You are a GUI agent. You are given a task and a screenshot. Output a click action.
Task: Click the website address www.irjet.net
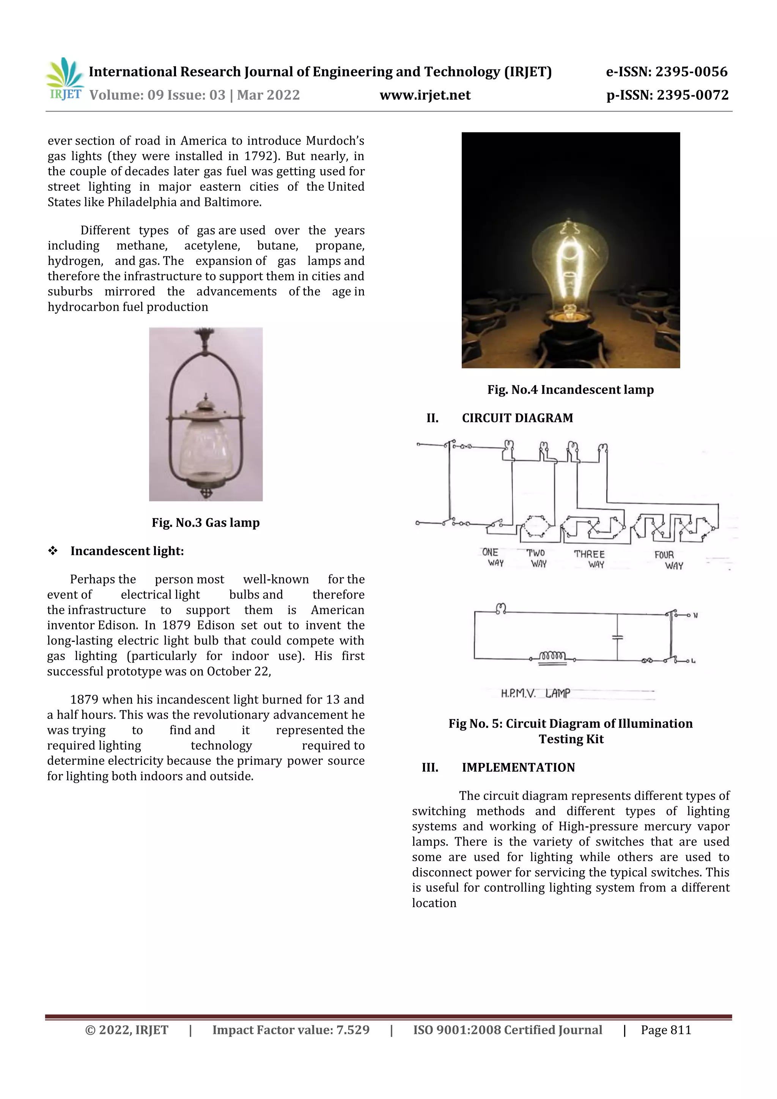coord(425,95)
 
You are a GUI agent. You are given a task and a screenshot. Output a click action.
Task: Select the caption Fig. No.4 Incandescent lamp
coord(570,390)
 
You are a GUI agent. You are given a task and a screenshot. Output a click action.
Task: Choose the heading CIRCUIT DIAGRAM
coord(517,418)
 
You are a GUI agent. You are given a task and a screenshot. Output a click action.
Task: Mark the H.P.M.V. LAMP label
coord(535,693)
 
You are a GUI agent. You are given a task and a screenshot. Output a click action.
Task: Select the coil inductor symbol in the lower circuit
coord(553,656)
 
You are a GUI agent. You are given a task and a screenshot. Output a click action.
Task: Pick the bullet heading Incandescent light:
coord(127,551)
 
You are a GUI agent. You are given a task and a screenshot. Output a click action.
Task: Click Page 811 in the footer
coord(666,1030)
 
